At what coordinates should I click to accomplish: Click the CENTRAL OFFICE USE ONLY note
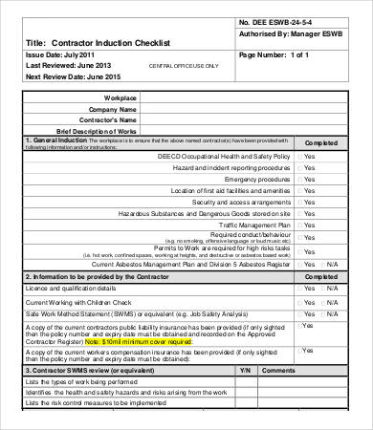[184, 66]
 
